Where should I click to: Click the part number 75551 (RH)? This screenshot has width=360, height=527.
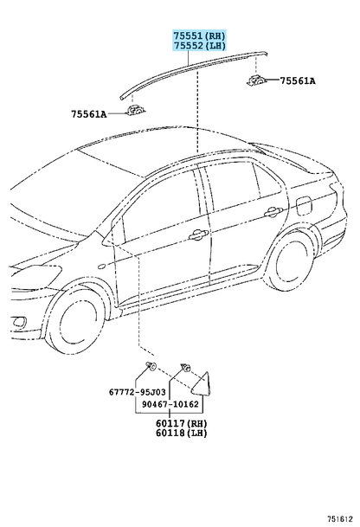pyautogui.click(x=199, y=35)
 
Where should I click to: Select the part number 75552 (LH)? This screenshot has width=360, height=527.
pyautogui.click(x=199, y=45)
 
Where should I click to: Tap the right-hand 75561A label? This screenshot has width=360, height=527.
pyautogui.click(x=298, y=81)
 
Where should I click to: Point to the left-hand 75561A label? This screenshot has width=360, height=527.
pyautogui.click(x=89, y=114)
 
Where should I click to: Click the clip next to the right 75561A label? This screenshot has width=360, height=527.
pyautogui.click(x=257, y=80)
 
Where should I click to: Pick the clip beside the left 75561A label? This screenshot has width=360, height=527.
pyautogui.click(x=136, y=110)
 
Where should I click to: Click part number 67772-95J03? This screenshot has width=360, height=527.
pyautogui.click(x=137, y=392)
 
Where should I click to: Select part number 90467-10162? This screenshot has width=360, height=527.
pyautogui.click(x=170, y=404)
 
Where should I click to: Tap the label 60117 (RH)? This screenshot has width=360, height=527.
pyautogui.click(x=181, y=423)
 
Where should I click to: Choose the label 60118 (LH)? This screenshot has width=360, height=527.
pyautogui.click(x=181, y=433)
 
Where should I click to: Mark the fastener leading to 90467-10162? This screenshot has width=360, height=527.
pyautogui.click(x=185, y=368)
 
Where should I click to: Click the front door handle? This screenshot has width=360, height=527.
pyautogui.click(x=198, y=235)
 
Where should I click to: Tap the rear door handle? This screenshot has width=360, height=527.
pyautogui.click(x=273, y=212)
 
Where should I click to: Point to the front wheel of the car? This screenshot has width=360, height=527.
pyautogui.click(x=75, y=319)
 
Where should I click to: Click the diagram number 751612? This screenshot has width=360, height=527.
pyautogui.click(x=340, y=518)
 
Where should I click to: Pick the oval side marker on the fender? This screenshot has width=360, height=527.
pyautogui.click(x=101, y=267)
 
